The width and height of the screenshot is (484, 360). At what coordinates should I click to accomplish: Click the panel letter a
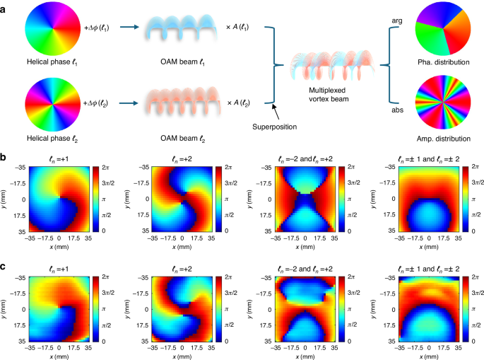pyautogui.click(x=5, y=5)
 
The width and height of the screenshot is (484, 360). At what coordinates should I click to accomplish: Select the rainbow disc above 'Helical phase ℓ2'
pyautogui.click(x=48, y=103)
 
